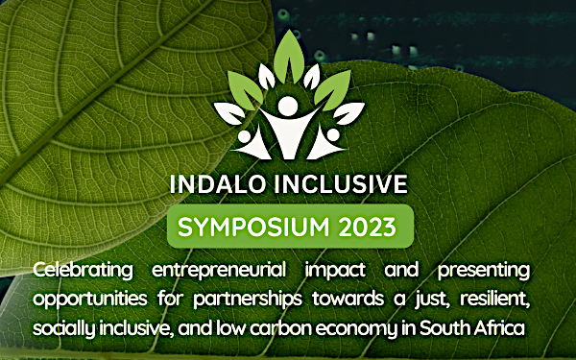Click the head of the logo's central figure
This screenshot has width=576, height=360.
(286, 104)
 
